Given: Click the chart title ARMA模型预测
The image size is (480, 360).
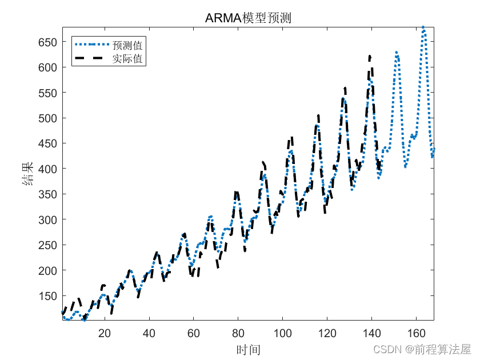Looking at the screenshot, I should click(x=248, y=18).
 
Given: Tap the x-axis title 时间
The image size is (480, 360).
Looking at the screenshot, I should click(x=248, y=349).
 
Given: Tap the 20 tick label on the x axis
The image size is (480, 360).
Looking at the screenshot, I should click(x=105, y=333).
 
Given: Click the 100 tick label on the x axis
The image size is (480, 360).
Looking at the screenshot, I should click(x=283, y=333).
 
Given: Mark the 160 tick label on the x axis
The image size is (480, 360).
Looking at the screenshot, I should click(x=416, y=333).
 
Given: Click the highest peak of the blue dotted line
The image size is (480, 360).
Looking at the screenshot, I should click(x=423, y=27).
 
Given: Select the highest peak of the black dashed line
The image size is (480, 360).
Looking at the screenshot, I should click(x=370, y=56).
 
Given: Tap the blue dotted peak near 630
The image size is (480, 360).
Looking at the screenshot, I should click(x=397, y=53).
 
